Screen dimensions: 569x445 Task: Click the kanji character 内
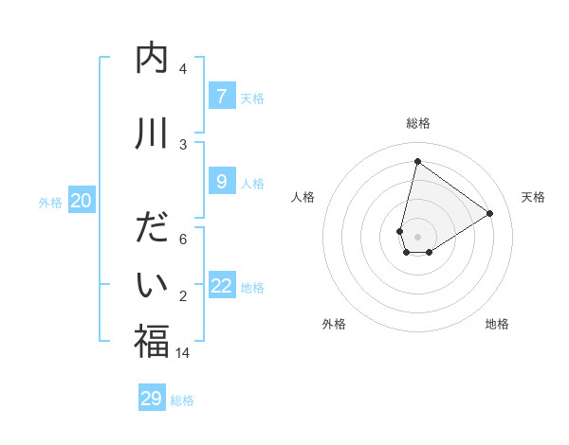coord(152,59)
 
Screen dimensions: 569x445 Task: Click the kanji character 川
coord(152,133)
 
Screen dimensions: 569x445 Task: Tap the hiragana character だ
coord(152,230)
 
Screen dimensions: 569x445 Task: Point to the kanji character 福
coord(152,342)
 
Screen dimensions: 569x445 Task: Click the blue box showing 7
coord(221,97)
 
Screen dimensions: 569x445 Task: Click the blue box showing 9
coord(221,181)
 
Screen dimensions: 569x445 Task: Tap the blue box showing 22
coord(222,286)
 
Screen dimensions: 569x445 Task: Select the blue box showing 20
coord(82,201)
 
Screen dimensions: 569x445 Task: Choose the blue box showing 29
coord(152,399)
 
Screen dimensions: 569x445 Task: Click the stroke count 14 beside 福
coord(183,352)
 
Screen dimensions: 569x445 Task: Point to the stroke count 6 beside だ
coord(183,240)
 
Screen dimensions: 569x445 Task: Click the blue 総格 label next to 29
coord(183,400)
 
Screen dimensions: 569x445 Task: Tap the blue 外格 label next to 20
coord(49,203)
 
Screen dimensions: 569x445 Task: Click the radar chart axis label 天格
coord(533,197)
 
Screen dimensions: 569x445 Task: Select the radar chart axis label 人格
coord(303,197)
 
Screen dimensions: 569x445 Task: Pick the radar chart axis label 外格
coord(333,324)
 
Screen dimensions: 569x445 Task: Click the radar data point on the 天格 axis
coord(490,213)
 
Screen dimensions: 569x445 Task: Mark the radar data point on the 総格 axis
coord(417,161)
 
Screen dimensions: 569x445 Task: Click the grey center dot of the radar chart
coord(417,236)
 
